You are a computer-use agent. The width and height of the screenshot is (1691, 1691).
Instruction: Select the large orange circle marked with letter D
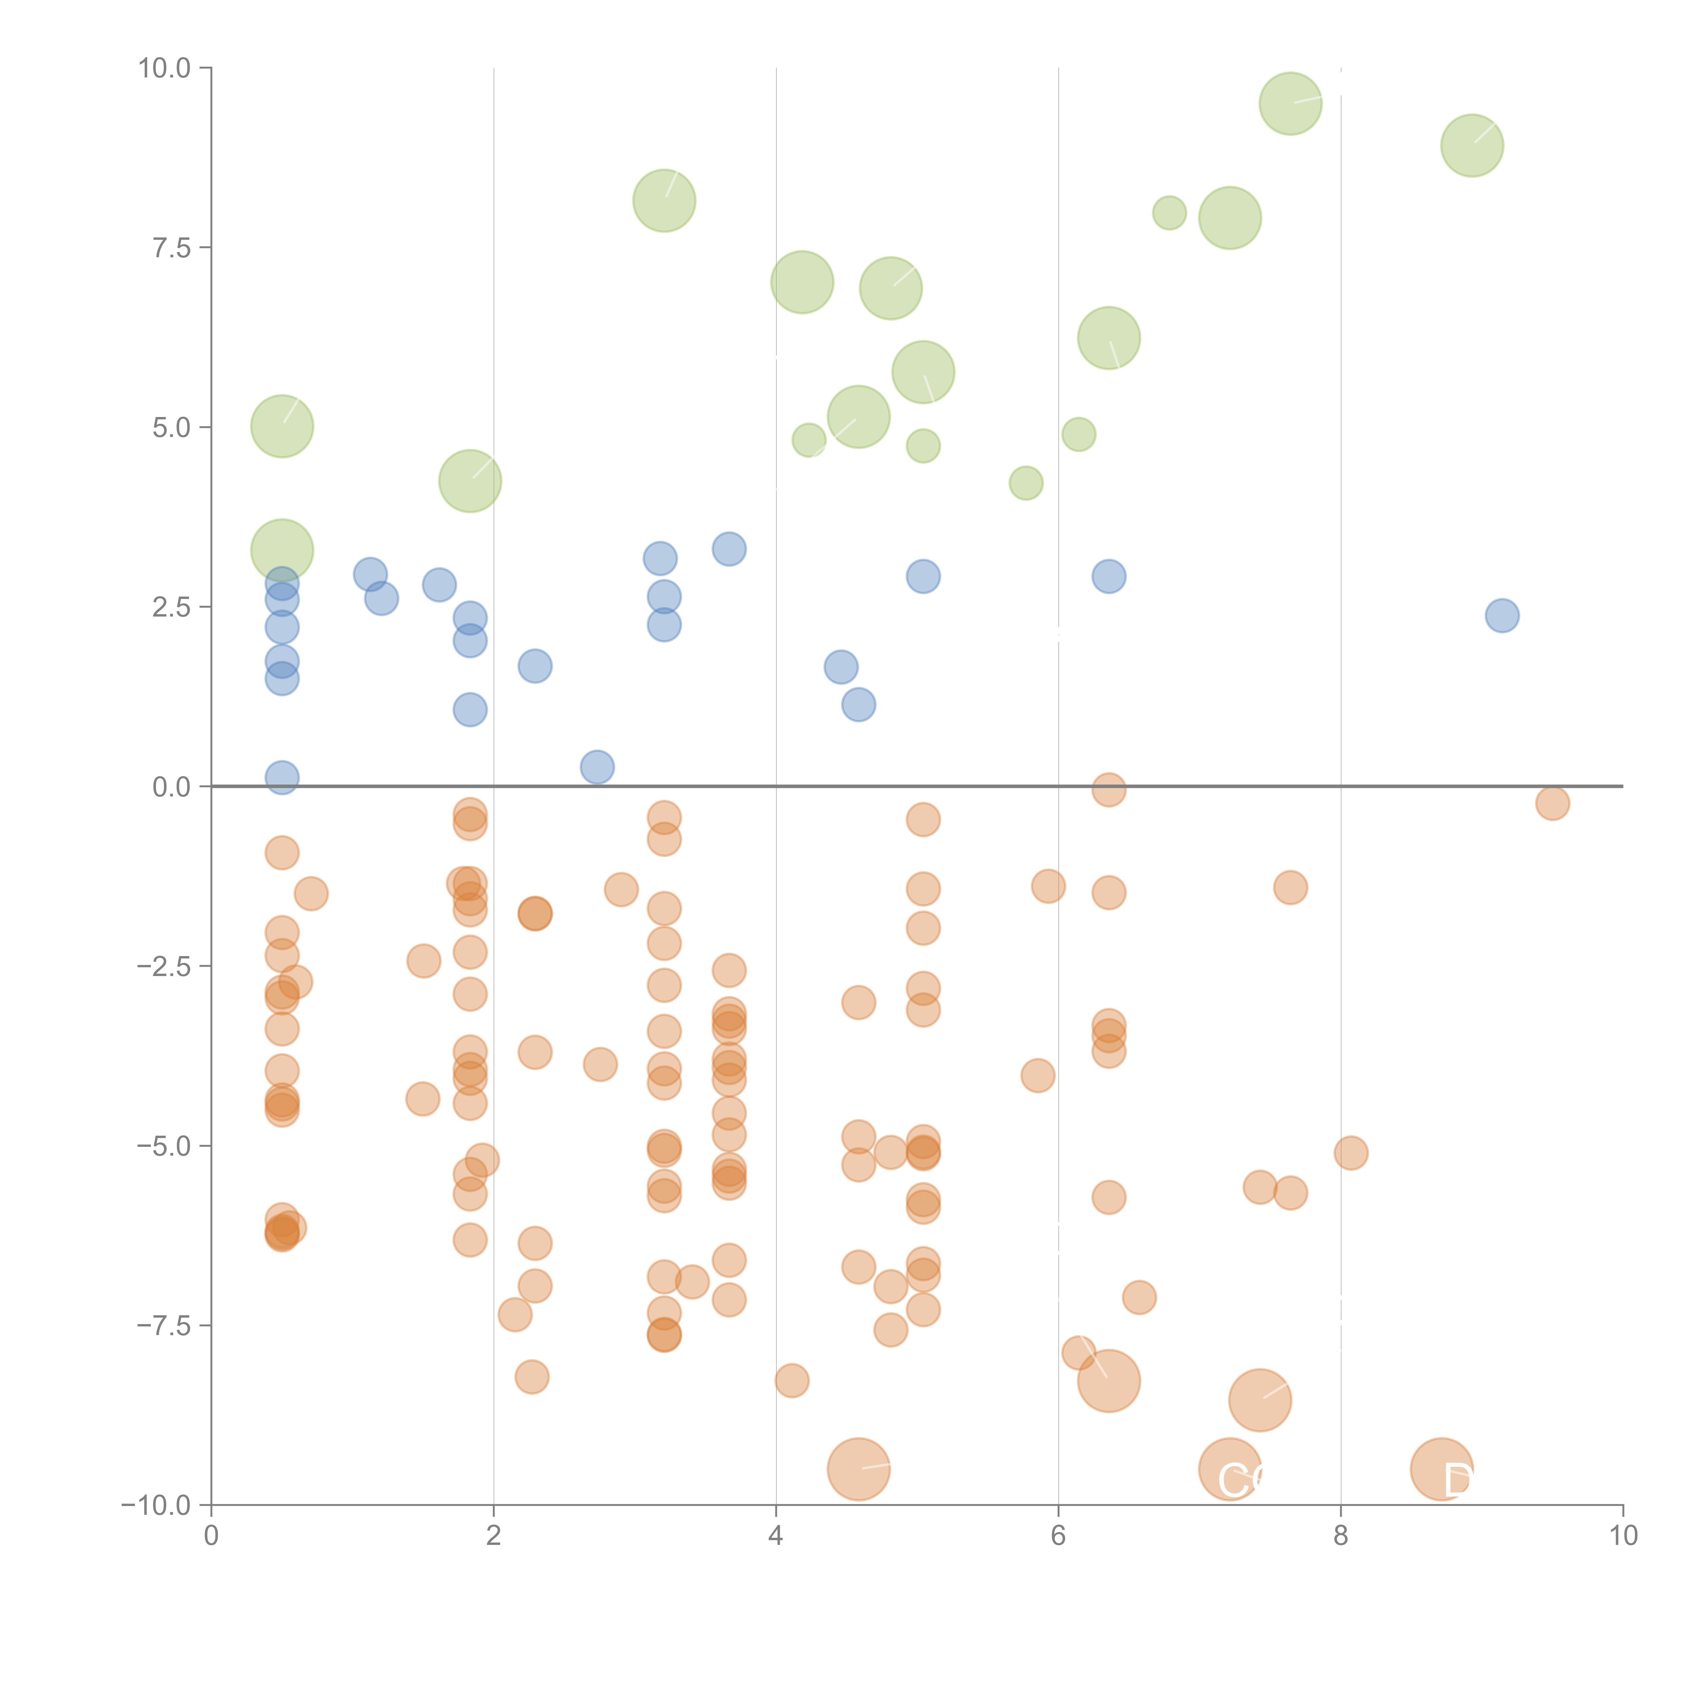[1441, 1469]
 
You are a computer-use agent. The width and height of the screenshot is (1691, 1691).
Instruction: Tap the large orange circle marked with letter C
[1230, 1469]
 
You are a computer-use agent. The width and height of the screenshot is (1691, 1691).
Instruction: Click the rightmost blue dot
[1502, 615]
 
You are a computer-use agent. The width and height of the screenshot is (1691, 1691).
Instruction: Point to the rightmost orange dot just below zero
[1552, 803]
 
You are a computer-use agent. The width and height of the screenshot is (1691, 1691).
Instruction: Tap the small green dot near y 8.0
[1169, 213]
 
